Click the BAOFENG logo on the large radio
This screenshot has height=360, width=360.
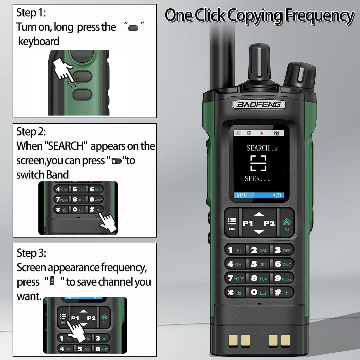(259, 104)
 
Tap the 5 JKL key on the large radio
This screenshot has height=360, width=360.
(259, 264)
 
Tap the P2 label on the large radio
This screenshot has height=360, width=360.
(269, 223)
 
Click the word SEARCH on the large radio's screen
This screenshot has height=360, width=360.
(258, 148)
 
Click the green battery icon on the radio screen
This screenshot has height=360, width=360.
(238, 133)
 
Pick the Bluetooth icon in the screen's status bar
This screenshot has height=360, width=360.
(276, 133)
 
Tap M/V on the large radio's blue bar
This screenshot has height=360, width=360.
(241, 195)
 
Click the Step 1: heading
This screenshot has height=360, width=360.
(31, 13)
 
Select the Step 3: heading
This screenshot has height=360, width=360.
(31, 253)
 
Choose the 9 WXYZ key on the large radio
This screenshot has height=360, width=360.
(283, 278)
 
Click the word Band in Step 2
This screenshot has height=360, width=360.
(57, 175)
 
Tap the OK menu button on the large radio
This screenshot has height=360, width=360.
(232, 223)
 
